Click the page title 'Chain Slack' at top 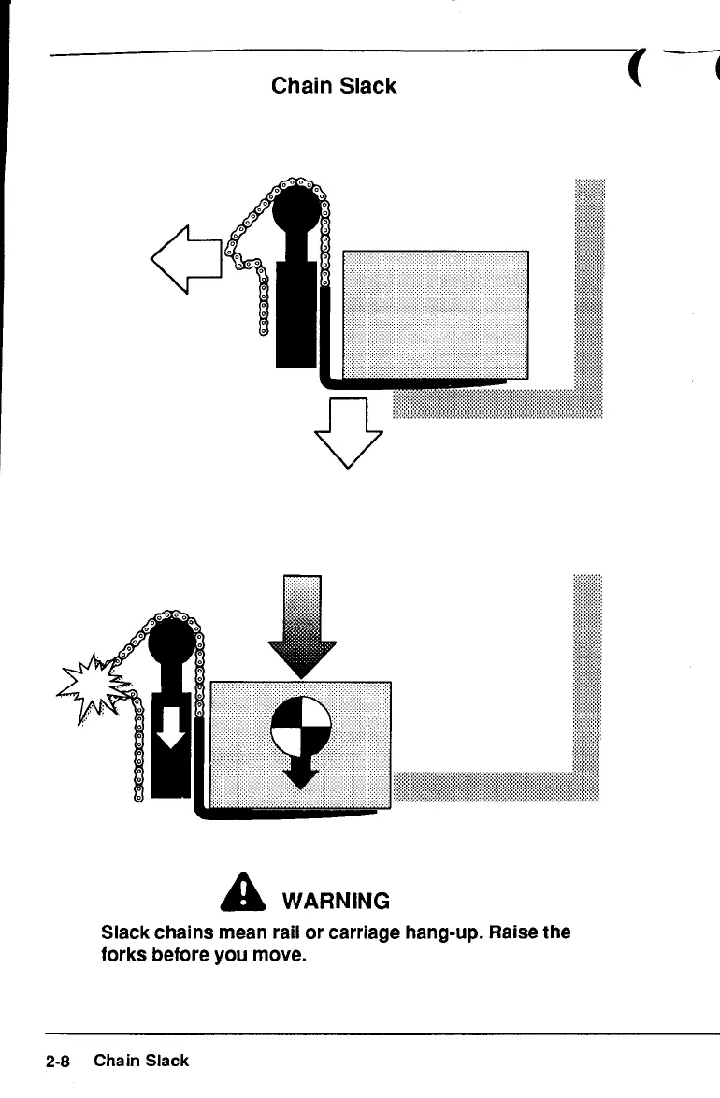pos(334,86)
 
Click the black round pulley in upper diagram pos(296,209)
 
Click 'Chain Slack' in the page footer pos(141,1061)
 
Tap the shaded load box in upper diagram pos(435,313)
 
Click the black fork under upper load pos(421,382)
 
